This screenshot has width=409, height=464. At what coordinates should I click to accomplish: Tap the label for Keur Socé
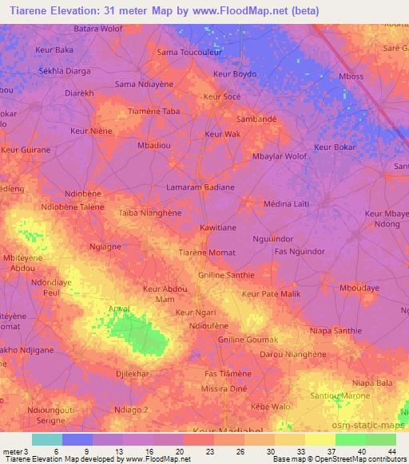click(x=222, y=96)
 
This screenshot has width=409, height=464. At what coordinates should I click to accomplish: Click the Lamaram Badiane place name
click(x=200, y=187)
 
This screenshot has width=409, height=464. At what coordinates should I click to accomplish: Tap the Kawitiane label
click(x=217, y=227)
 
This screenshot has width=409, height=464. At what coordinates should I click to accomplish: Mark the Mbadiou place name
click(x=153, y=147)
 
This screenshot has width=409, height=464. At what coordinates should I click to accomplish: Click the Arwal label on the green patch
click(x=119, y=309)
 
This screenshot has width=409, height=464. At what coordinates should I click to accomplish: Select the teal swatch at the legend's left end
click(x=47, y=439)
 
